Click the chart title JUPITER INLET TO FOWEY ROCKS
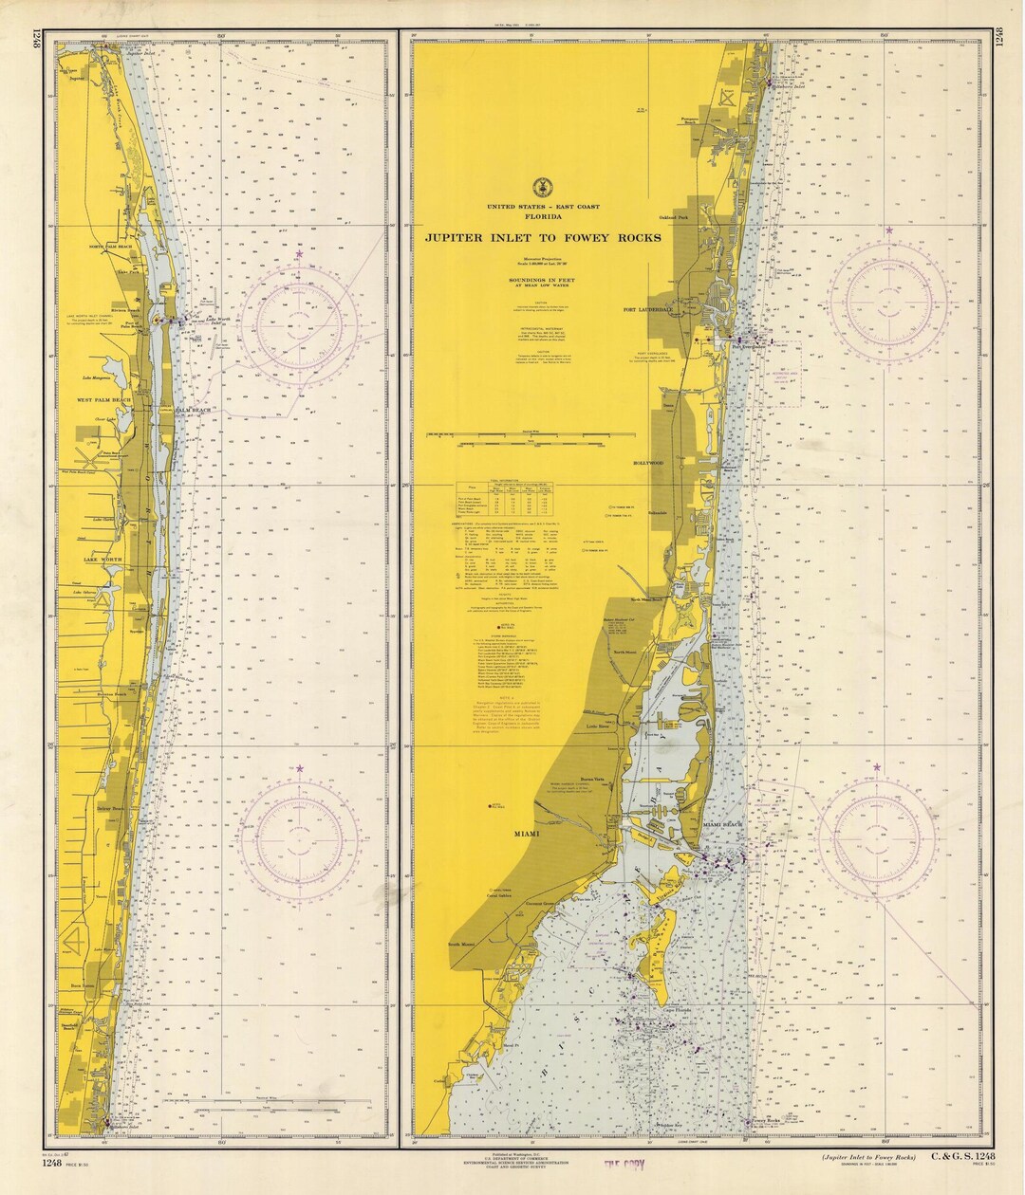click(x=544, y=238)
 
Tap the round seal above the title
click(x=544, y=187)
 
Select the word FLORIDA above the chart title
click(x=544, y=216)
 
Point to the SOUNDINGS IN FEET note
click(x=544, y=281)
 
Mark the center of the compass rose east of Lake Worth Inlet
click(x=300, y=324)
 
